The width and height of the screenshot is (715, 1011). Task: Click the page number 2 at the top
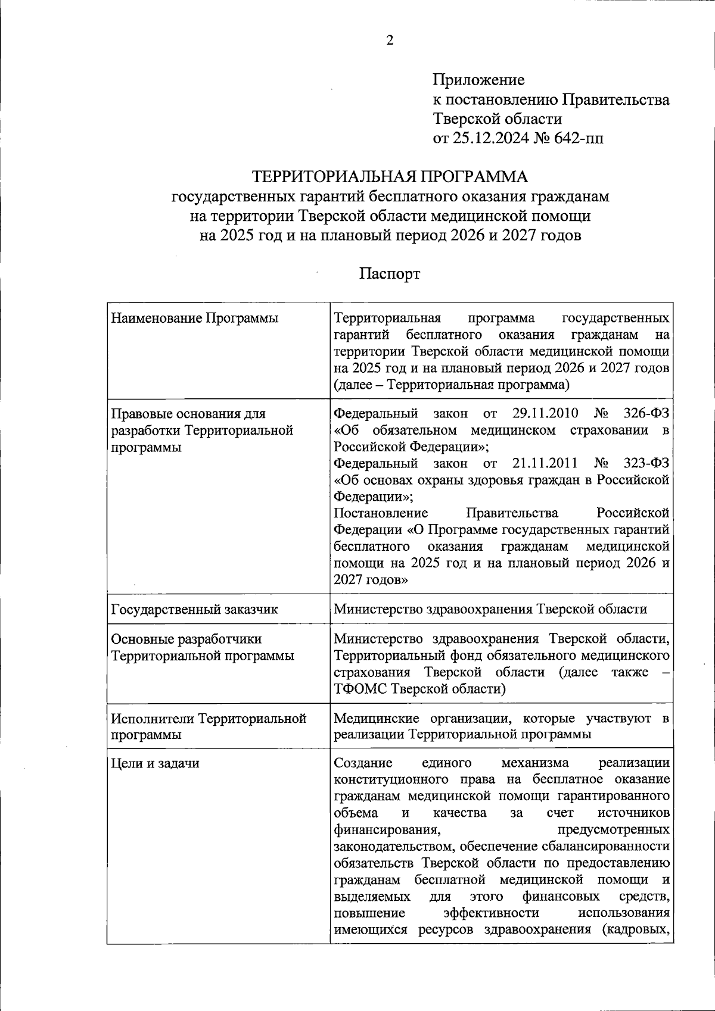click(390, 40)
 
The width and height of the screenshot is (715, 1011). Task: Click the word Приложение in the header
click(478, 80)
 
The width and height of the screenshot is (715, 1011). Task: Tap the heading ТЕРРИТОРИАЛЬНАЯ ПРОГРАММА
click(390, 177)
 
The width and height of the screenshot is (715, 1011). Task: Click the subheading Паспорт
click(390, 274)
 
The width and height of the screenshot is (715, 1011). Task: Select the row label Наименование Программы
click(195, 319)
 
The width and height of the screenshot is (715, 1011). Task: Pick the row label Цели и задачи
click(155, 763)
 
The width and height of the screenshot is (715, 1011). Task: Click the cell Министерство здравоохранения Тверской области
click(490, 609)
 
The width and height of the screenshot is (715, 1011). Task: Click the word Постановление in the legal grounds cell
click(381, 513)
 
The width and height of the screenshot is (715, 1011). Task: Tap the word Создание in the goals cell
click(363, 763)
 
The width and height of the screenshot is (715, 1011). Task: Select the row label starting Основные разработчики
click(186, 639)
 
